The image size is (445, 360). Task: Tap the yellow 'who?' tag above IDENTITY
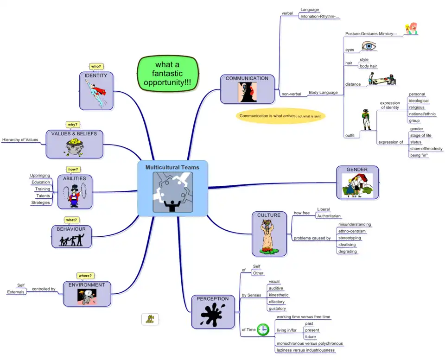[96, 66]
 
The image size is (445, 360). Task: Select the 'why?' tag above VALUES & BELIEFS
[72, 125]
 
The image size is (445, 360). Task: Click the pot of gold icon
[74, 147]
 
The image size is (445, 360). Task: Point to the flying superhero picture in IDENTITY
[96, 93]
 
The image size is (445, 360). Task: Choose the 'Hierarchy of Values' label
[20, 139]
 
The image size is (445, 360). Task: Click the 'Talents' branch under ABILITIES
[43, 196]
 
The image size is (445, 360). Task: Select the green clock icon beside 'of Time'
[263, 329]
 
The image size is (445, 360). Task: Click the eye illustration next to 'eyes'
[369, 46]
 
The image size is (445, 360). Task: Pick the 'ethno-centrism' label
[352, 231]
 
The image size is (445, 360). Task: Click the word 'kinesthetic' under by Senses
[279, 295]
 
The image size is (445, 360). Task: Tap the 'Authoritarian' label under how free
[329, 216]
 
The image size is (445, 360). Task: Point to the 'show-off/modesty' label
[426, 149]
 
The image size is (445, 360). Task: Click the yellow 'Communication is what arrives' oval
[280, 116]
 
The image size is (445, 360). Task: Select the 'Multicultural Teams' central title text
[172, 167]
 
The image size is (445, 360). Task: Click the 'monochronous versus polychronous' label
[309, 343]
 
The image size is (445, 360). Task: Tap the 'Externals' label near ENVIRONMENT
[16, 292]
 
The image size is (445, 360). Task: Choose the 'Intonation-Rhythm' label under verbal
[320, 17]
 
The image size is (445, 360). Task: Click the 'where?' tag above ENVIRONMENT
[85, 276]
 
